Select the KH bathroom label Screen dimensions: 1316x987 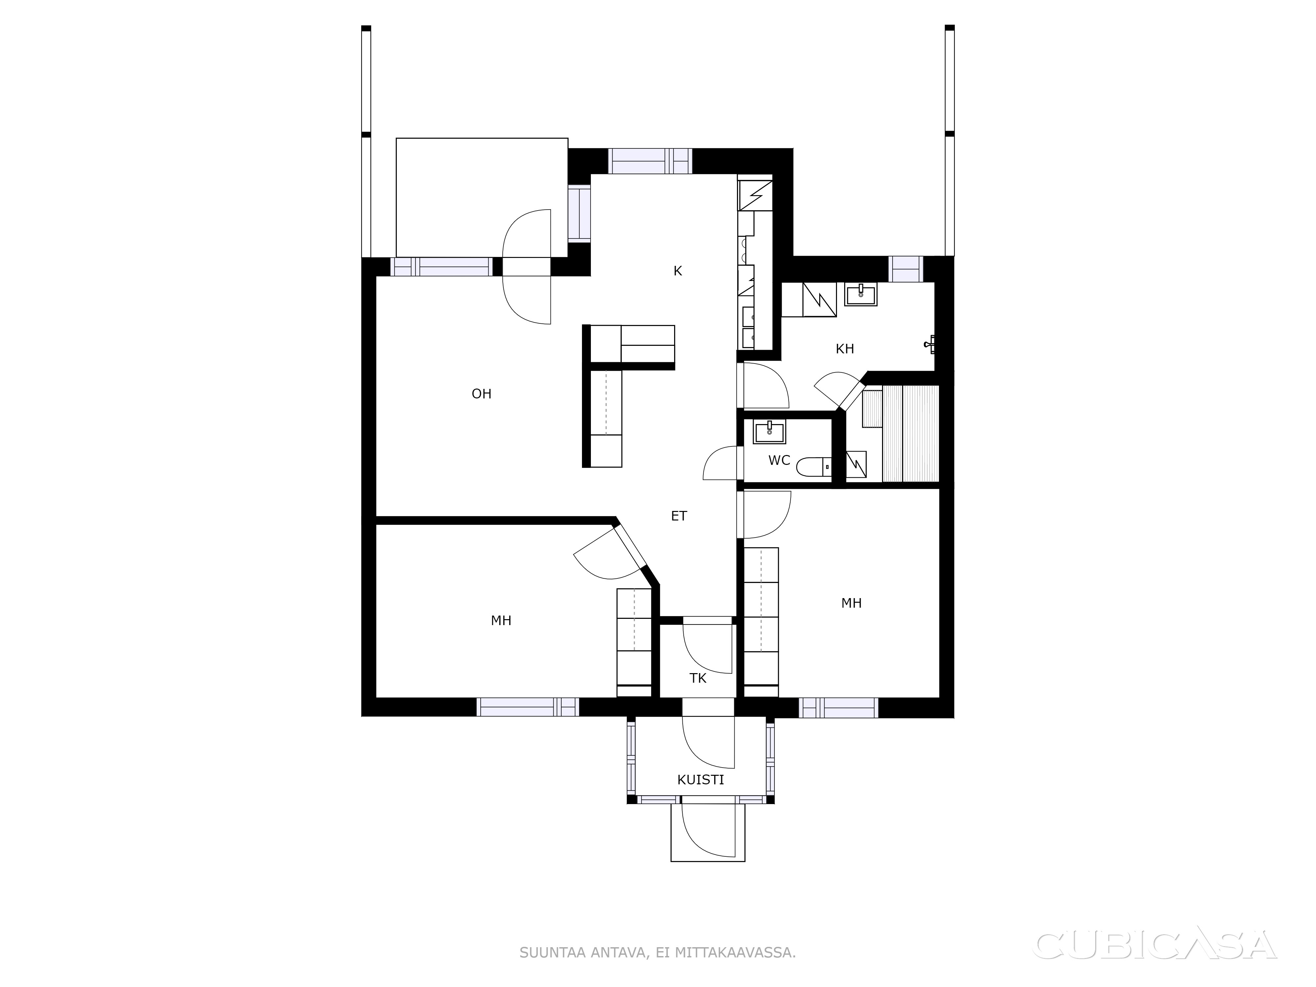click(x=845, y=349)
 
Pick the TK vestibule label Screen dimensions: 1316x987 click(x=698, y=678)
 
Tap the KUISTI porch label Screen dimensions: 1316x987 click(x=701, y=780)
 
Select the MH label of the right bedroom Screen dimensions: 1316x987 click(x=851, y=603)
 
